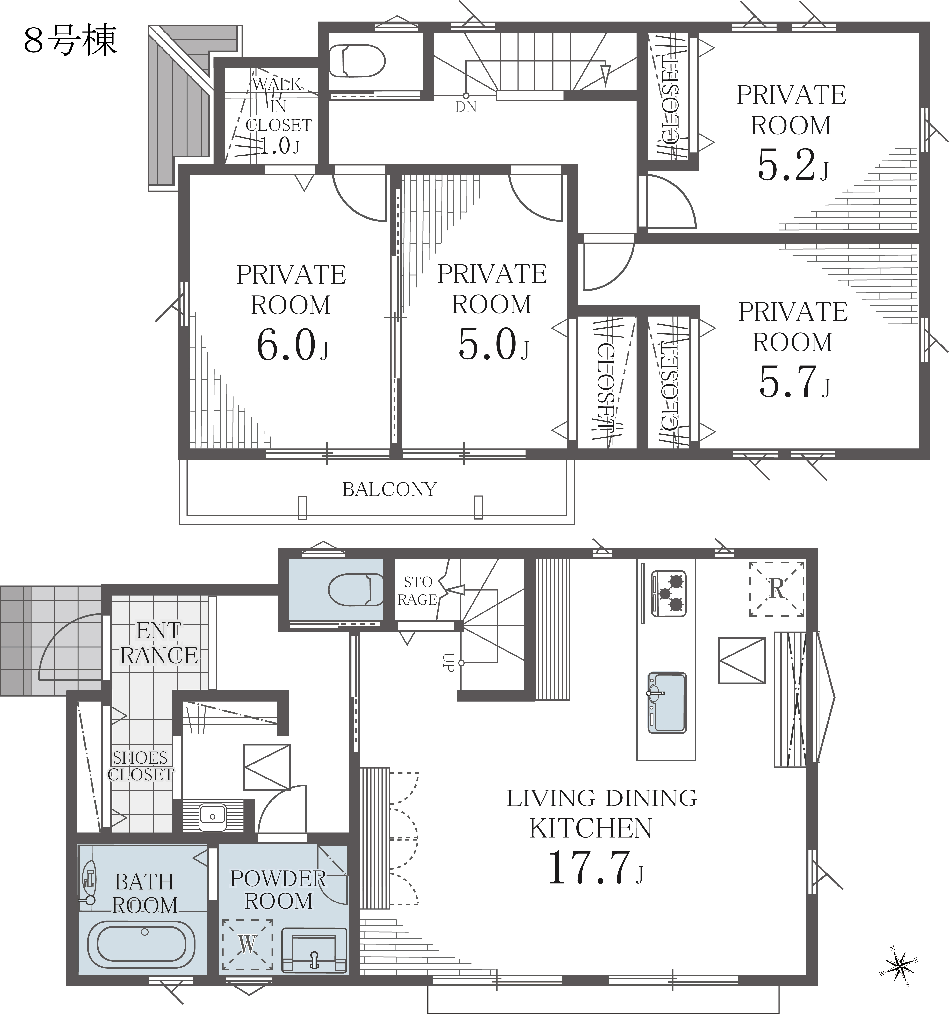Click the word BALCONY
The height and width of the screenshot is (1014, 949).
[x=390, y=490]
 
